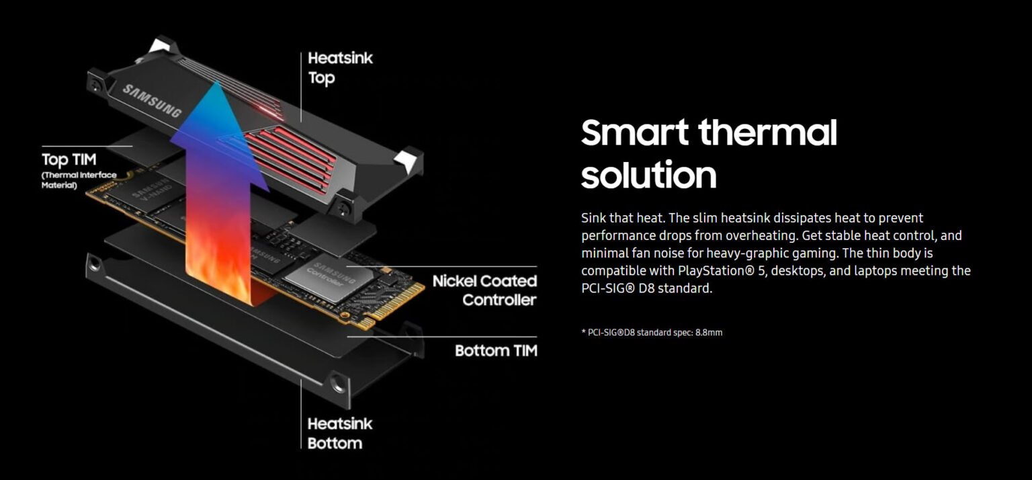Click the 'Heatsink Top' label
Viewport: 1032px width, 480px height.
[x=340, y=68]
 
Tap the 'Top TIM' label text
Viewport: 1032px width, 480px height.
[x=69, y=160]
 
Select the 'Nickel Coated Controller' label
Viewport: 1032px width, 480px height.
[x=484, y=290]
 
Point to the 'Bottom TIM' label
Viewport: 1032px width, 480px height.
[x=496, y=350]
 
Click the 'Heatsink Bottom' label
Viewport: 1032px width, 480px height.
[x=339, y=434]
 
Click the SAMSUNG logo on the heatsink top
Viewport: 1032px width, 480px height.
[x=151, y=101]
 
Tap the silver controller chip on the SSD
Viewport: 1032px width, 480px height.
[x=322, y=277]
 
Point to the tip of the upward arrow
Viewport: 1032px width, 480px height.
[x=217, y=84]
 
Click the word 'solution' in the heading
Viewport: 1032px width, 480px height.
[x=648, y=175]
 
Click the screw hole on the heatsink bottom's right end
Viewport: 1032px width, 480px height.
[x=338, y=386]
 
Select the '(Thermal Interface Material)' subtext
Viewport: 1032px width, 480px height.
[x=79, y=180]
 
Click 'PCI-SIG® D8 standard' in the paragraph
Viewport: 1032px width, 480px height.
[x=646, y=288]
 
